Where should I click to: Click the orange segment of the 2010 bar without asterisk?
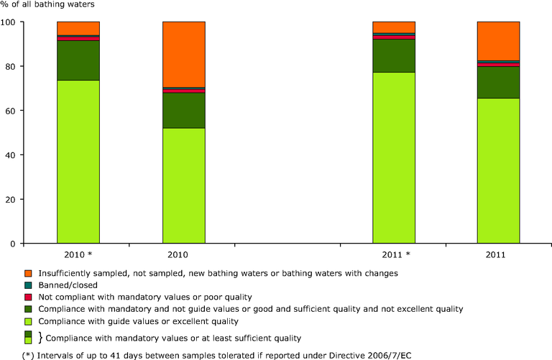[x=183, y=54]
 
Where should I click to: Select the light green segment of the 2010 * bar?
[x=78, y=162]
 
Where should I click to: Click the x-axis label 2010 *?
[x=78, y=255]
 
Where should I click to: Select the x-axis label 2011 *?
[x=393, y=255]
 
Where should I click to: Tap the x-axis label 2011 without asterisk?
[x=498, y=255]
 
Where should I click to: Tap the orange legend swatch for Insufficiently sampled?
[x=28, y=274]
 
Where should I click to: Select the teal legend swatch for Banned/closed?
[x=28, y=285]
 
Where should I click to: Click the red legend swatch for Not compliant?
[x=28, y=297]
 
